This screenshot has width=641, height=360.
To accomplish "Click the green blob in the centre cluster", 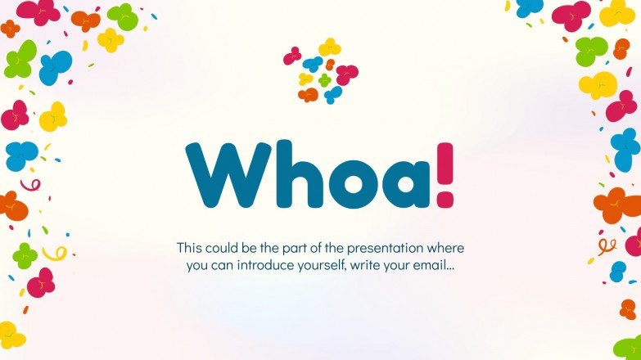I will point(326,80).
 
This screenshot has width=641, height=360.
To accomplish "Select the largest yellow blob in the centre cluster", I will point(329,47).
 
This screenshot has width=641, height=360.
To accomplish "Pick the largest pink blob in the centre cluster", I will point(347,74).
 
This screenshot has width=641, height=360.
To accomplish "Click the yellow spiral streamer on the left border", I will point(55,254).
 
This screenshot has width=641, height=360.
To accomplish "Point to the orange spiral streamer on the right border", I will point(606,244).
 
